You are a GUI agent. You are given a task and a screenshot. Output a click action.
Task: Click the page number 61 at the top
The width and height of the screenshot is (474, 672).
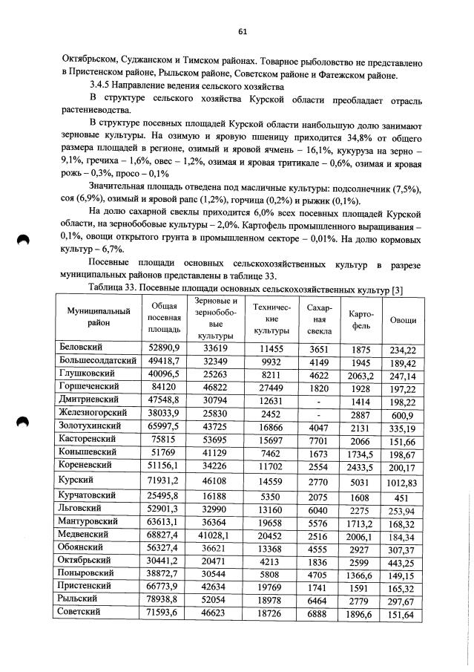pyautogui.click(x=242, y=32)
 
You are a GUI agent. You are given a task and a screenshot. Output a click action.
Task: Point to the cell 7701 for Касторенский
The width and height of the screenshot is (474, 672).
pyautogui.click(x=318, y=439)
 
